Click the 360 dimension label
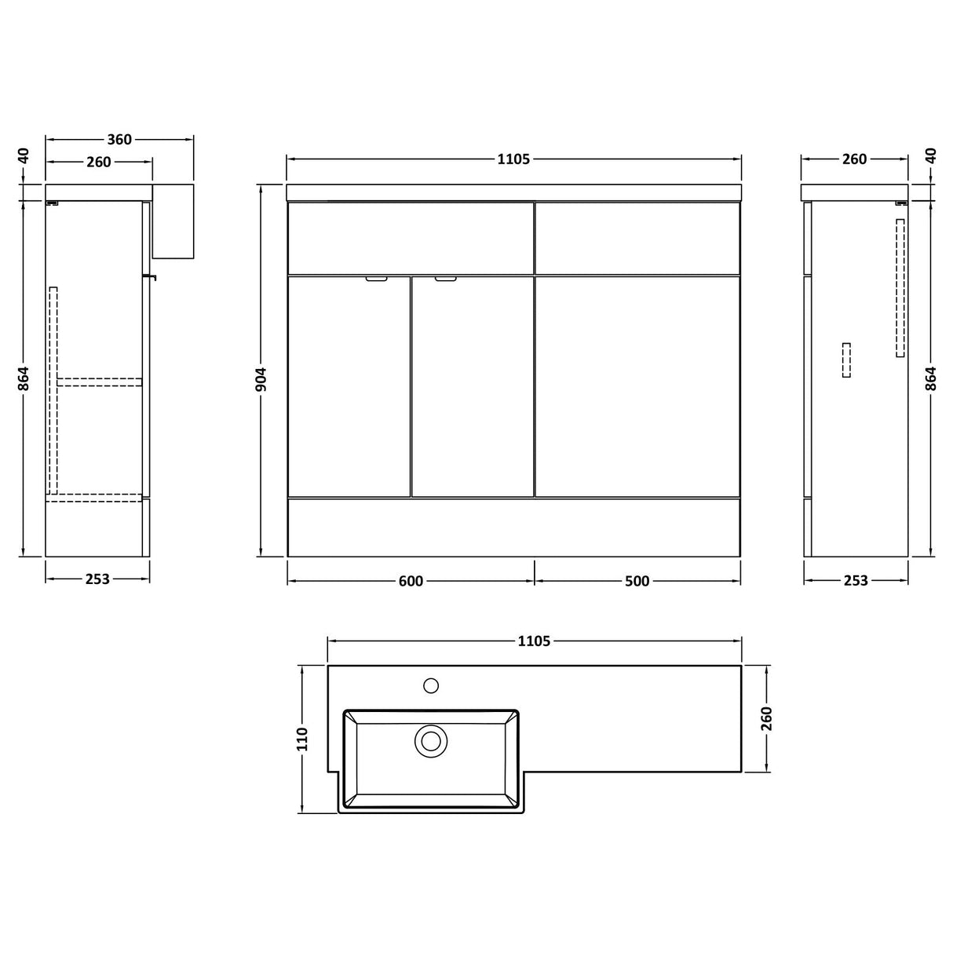pyautogui.click(x=119, y=140)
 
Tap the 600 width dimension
pyautogui.click(x=411, y=581)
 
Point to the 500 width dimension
pyautogui.click(x=637, y=581)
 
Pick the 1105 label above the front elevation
pyautogui.click(x=514, y=159)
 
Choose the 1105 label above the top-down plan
pyautogui.click(x=534, y=641)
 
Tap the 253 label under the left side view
pyautogui.click(x=97, y=579)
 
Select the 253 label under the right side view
pyautogui.click(x=856, y=580)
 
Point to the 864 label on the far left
pyautogui.click(x=24, y=378)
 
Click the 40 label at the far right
pyautogui.click(x=931, y=155)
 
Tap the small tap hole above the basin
pyautogui.click(x=431, y=685)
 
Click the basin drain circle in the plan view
pyautogui.click(x=430, y=740)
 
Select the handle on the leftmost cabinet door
pyautogui.click(x=377, y=278)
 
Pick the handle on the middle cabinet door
pyautogui.click(x=446, y=278)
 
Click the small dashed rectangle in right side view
pyautogui.click(x=845, y=360)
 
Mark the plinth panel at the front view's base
pyautogui.click(x=513, y=527)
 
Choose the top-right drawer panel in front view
pyautogui.click(x=637, y=238)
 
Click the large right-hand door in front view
pyautogui.click(x=637, y=385)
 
